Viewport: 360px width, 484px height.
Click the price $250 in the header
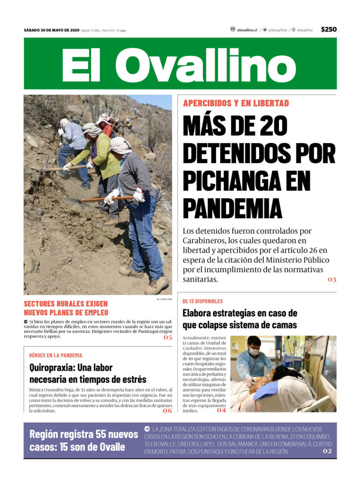(x=329, y=30)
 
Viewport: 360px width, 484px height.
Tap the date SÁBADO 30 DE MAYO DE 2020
(x=52, y=30)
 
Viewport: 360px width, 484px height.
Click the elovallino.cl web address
(x=247, y=30)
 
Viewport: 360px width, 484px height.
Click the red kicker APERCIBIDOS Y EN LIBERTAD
(x=236, y=103)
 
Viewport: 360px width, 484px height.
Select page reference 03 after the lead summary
(x=332, y=280)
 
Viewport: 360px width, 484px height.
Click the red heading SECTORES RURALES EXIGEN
(x=66, y=304)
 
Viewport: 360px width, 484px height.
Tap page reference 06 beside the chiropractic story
(x=167, y=411)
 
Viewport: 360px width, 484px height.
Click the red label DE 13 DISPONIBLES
(x=202, y=301)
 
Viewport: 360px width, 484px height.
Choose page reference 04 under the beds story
(x=221, y=410)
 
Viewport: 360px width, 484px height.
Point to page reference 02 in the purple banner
(x=327, y=451)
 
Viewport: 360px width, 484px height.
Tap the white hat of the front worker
(x=121, y=145)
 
